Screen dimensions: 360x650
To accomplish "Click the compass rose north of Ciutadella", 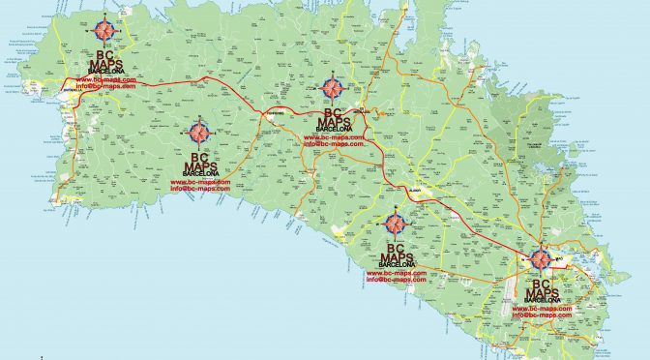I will [x=103, y=29].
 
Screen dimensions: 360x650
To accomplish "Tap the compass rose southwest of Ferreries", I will [x=199, y=133].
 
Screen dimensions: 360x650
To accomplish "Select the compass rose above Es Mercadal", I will [x=333, y=89].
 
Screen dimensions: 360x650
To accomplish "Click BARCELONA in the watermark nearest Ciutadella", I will [x=103, y=71].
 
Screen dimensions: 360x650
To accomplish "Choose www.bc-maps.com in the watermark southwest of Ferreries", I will [x=200, y=181].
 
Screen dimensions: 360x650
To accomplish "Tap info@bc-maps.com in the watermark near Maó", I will [x=542, y=315].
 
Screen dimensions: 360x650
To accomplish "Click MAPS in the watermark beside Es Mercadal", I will [x=334, y=122].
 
